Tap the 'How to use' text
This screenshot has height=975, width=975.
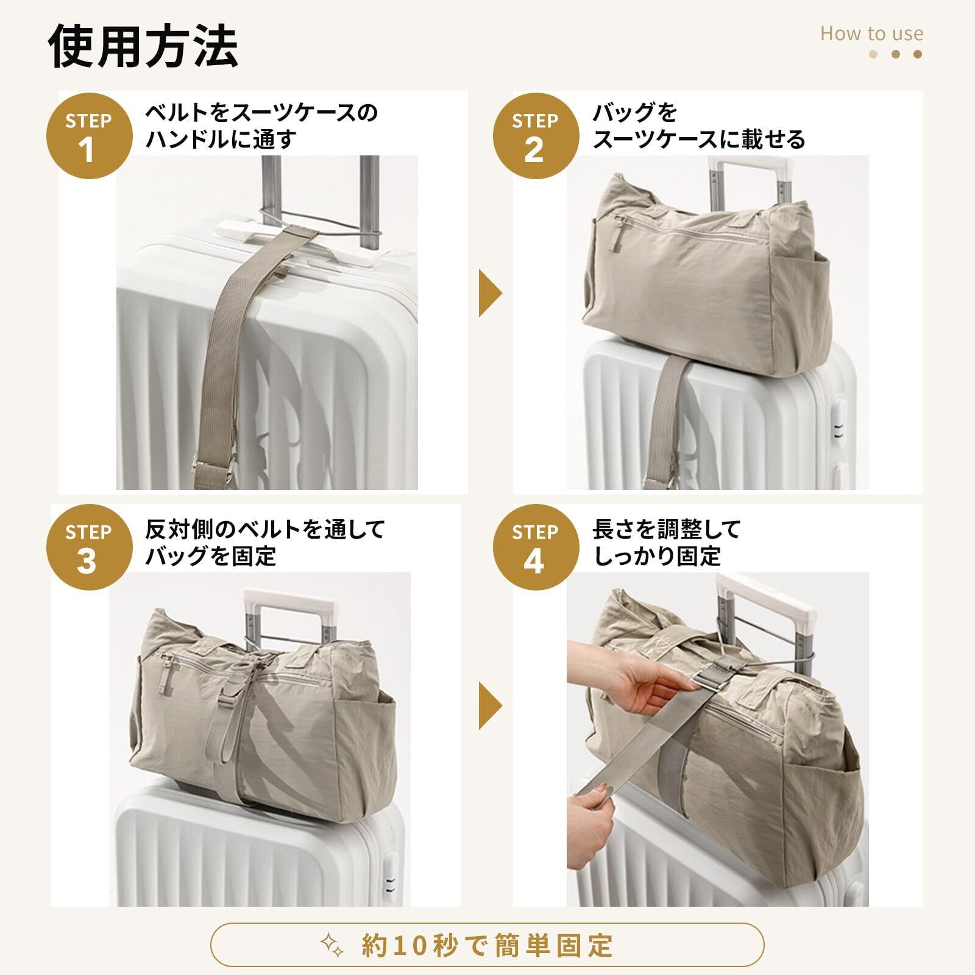871,34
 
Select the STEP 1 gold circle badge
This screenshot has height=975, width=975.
88,136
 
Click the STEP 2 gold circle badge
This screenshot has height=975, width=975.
534,136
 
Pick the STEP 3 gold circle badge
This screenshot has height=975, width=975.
88,548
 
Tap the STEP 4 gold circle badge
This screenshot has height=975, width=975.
534,548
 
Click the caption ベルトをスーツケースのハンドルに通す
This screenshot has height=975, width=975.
261,126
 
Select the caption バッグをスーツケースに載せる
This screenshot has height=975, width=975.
699,126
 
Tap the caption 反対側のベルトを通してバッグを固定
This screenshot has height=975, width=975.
264,542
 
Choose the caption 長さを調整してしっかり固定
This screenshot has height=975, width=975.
666,542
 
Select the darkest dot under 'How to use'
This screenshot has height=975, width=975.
918,54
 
